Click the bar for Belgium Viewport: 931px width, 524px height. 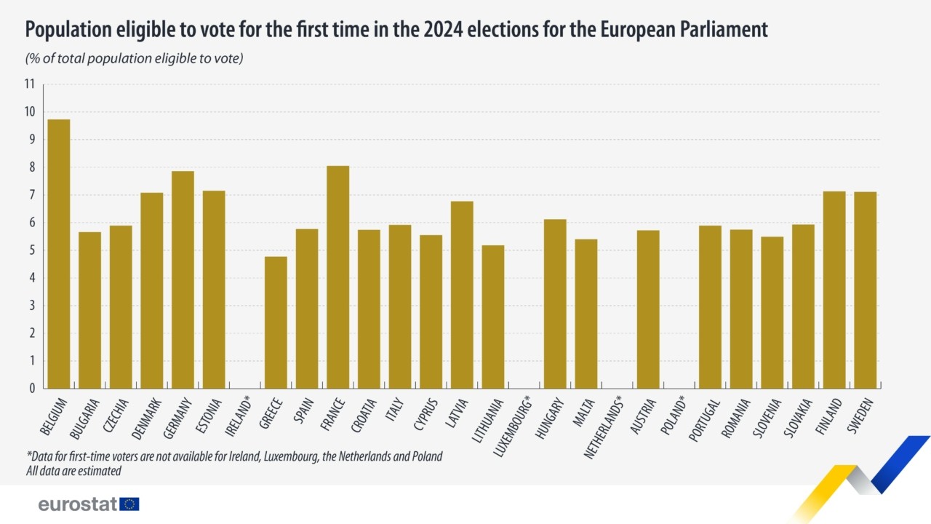(x=59, y=254)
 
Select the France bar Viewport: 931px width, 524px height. (x=337, y=277)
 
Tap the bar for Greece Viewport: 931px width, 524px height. (x=276, y=322)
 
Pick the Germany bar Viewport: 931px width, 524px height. (x=183, y=279)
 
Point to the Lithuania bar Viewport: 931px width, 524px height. (x=492, y=317)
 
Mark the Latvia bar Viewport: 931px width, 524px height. (x=462, y=295)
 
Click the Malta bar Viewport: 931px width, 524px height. (x=586, y=314)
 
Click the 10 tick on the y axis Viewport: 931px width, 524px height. (x=30, y=112)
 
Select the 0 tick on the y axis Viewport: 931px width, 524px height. (x=32, y=389)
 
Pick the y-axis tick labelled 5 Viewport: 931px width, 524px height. (x=32, y=250)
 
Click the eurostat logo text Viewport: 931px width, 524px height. (x=78, y=504)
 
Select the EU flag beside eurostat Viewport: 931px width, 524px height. (x=129, y=504)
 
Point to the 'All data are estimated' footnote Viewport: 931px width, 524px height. (x=73, y=471)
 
